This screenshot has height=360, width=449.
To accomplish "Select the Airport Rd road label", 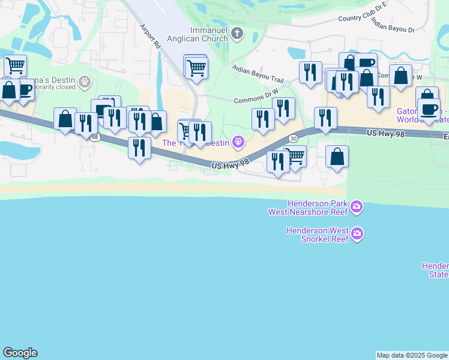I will (x=151, y=36).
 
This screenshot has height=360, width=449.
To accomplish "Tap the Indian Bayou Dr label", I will (x=393, y=25).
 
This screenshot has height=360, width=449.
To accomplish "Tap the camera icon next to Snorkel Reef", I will (x=357, y=233).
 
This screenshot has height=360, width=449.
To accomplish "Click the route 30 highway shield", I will (x=293, y=138).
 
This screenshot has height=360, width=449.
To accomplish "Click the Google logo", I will (x=20, y=353).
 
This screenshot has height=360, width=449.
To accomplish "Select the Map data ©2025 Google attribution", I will (x=412, y=355).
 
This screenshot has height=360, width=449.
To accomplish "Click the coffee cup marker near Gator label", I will (x=429, y=109).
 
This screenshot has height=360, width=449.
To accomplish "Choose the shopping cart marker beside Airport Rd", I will (x=196, y=69).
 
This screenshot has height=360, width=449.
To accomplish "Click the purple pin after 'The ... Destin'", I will (x=238, y=142).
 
